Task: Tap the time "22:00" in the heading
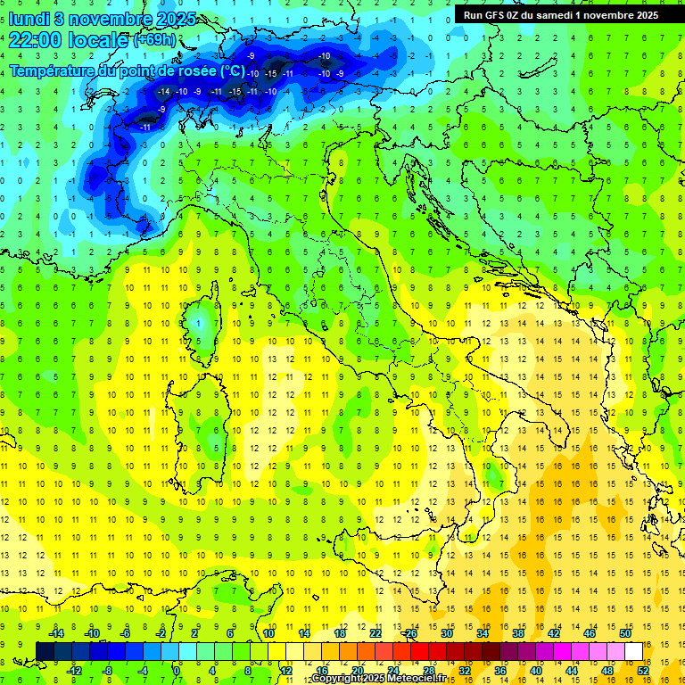[36, 39]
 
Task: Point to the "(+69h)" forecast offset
[154, 40]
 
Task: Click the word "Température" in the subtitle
[52, 70]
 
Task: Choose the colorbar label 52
[643, 670]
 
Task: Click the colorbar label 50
[625, 633]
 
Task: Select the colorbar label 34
[483, 633]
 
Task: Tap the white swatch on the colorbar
[634, 651]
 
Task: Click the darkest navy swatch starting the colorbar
[45, 651]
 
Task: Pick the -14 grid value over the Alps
[163, 91]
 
